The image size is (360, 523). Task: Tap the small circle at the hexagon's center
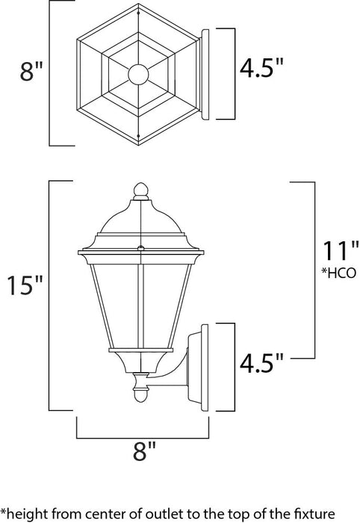pyautogui.click(x=138, y=74)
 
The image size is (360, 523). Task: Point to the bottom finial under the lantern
pyautogui.click(x=138, y=388)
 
